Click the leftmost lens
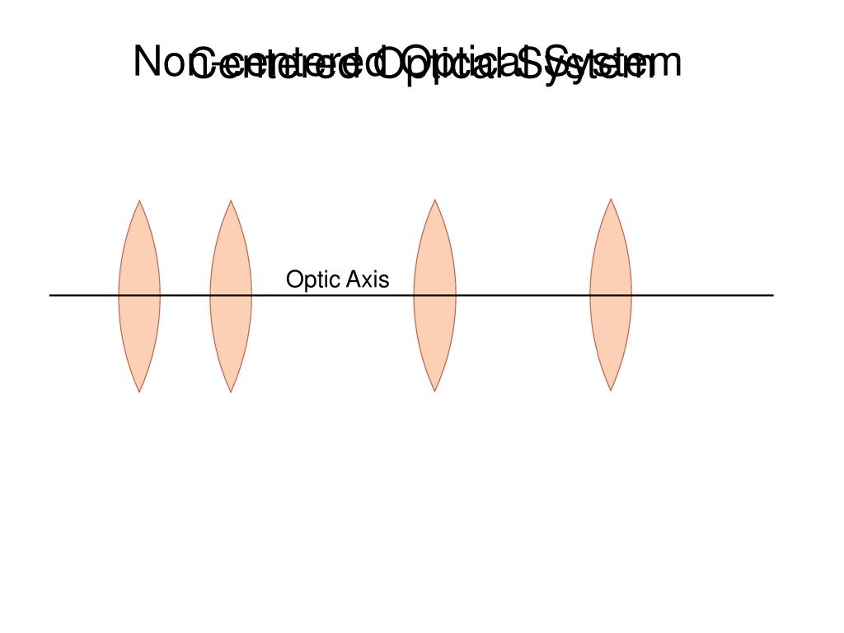click(x=139, y=296)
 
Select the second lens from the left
click(x=231, y=296)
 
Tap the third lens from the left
click(x=434, y=296)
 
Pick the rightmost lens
click(x=611, y=295)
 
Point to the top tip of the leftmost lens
click(x=140, y=200)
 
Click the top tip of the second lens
click(x=231, y=200)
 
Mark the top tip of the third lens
click(x=434, y=200)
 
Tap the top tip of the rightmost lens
click(x=611, y=199)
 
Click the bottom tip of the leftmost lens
click(x=140, y=392)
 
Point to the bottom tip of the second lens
click(x=231, y=392)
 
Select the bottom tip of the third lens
click(x=434, y=391)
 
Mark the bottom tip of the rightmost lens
click(x=611, y=390)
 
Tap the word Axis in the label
click(x=368, y=280)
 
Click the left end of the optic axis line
click(x=51, y=295)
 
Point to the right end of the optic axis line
click(x=772, y=295)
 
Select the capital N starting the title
click(x=148, y=62)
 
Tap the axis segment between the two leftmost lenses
click(x=185, y=295)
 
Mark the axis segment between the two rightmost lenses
click(x=523, y=295)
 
